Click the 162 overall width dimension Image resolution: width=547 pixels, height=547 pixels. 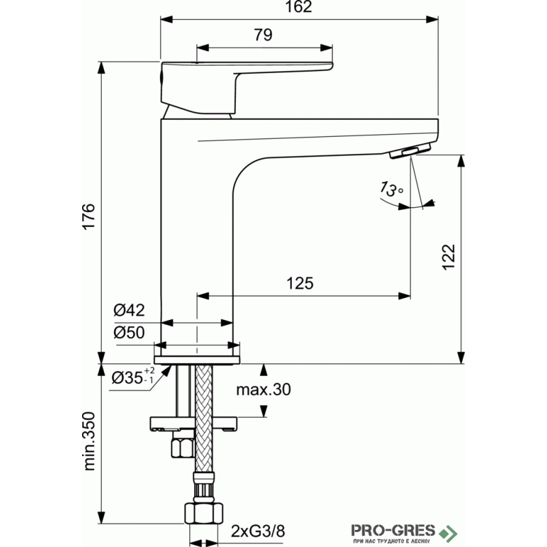pos(298,7)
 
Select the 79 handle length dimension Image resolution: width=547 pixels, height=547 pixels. pos(263,35)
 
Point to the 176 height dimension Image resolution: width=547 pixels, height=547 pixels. pos(89,216)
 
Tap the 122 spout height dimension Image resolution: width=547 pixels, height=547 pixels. pos(449,257)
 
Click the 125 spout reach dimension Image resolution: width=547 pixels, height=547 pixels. pos(299,283)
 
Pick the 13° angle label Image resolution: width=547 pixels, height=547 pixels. pos(391,189)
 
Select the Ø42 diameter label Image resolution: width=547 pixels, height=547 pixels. pos(129,310)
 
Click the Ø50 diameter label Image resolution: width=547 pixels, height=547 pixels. pos(129,332)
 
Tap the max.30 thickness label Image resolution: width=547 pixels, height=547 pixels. pos(263,389)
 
